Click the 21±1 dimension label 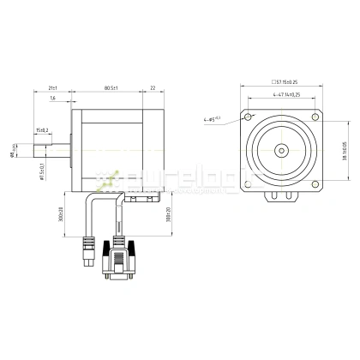52,87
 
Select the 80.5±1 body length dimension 111,87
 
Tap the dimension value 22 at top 153,87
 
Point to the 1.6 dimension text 53,99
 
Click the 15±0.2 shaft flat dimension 42,129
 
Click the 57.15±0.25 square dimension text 282,82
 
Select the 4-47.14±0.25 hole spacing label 283,94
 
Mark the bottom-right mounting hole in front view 316,183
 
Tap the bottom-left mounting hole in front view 249,183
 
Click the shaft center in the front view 282,150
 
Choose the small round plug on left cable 86,255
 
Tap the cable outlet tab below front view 282,199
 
